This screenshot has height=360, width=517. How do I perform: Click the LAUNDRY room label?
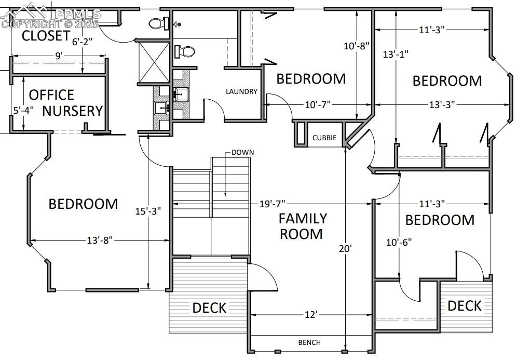coord(241,91)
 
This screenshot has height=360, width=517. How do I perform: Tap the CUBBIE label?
coord(324,138)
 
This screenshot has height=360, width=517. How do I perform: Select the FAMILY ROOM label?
coord(303,226)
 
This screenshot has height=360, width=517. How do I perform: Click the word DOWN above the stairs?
coord(242,152)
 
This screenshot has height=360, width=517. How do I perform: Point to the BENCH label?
coord(309,342)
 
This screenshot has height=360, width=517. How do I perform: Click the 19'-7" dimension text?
coord(272,204)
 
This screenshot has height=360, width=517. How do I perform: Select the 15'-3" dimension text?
coord(148,211)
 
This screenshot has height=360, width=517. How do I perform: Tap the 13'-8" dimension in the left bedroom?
coord(100,240)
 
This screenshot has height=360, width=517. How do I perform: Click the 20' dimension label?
coord(346,248)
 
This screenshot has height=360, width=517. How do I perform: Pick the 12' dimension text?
coord(310,315)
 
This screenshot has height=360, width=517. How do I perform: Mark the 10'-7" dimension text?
coord(317,105)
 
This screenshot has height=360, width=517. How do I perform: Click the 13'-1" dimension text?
coord(396,54)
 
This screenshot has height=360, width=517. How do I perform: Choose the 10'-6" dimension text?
coord(399,242)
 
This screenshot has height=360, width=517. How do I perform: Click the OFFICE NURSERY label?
coord(65,103)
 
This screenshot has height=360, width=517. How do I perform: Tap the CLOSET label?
coord(46,36)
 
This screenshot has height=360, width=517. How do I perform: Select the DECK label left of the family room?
coord(209,308)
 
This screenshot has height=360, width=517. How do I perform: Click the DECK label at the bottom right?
coord(465,305)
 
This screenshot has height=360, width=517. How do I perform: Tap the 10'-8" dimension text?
coord(357,46)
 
